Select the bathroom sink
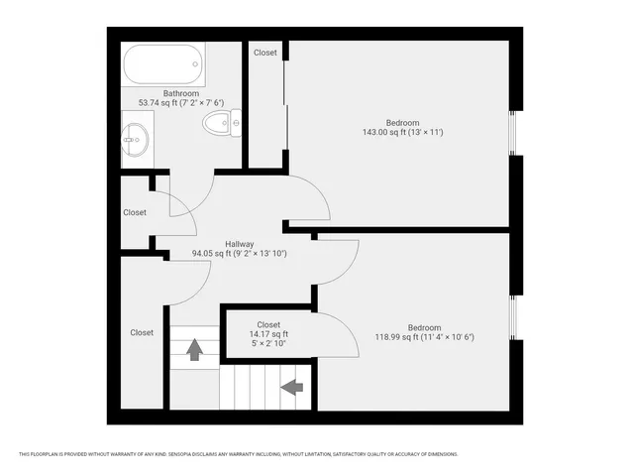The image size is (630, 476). pyautogui.click(x=136, y=140)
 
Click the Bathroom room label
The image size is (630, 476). pyautogui.click(x=181, y=93)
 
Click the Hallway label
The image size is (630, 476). pyautogui.click(x=240, y=244)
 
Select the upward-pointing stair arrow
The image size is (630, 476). pyautogui.click(x=194, y=349)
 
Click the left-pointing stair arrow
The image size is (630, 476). pyautogui.click(x=292, y=387)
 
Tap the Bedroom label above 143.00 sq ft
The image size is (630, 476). pyautogui.click(x=403, y=122)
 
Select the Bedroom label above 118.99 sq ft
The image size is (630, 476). pyautogui.click(x=425, y=327)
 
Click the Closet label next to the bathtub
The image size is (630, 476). pyautogui.click(x=265, y=53)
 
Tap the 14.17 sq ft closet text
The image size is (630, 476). pyautogui.click(x=268, y=335)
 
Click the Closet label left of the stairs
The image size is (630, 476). pyautogui.click(x=142, y=333)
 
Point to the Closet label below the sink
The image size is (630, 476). pyautogui.click(x=135, y=212)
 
